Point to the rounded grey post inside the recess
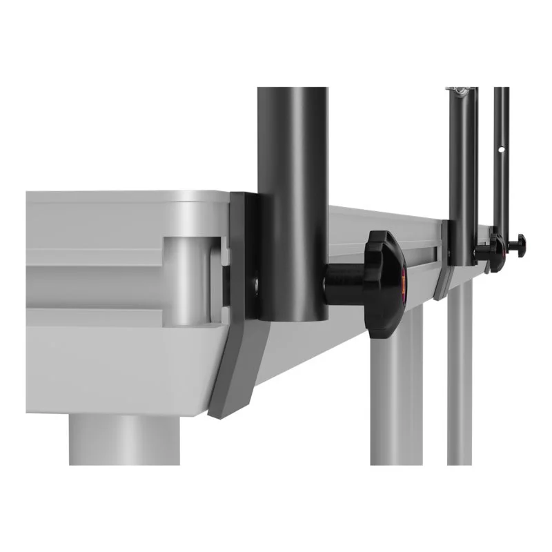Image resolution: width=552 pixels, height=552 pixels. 185,279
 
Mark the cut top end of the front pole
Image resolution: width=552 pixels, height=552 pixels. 293,90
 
